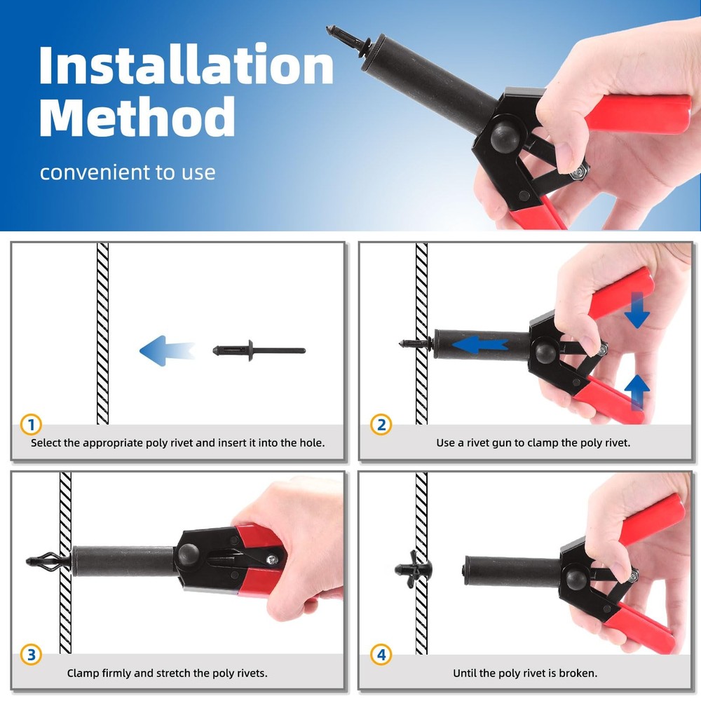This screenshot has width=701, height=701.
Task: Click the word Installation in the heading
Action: [186, 64]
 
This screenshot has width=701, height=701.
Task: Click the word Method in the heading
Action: [137, 116]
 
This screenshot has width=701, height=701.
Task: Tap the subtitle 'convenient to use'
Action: [128, 172]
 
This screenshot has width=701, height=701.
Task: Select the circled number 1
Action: [32, 424]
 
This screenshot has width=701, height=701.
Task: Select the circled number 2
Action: [381, 424]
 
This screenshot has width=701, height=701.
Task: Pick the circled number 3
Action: [32, 655]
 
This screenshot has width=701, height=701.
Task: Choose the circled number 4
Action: [381, 655]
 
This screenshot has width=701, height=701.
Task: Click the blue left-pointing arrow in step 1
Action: [166, 350]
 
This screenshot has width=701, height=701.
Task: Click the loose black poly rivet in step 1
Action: [259, 350]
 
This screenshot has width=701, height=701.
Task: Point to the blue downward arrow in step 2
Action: [637, 310]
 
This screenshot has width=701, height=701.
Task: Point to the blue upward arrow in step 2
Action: [637, 392]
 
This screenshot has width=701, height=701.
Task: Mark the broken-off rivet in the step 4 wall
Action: [413, 569]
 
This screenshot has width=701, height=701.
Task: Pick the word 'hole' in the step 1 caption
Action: [311, 442]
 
